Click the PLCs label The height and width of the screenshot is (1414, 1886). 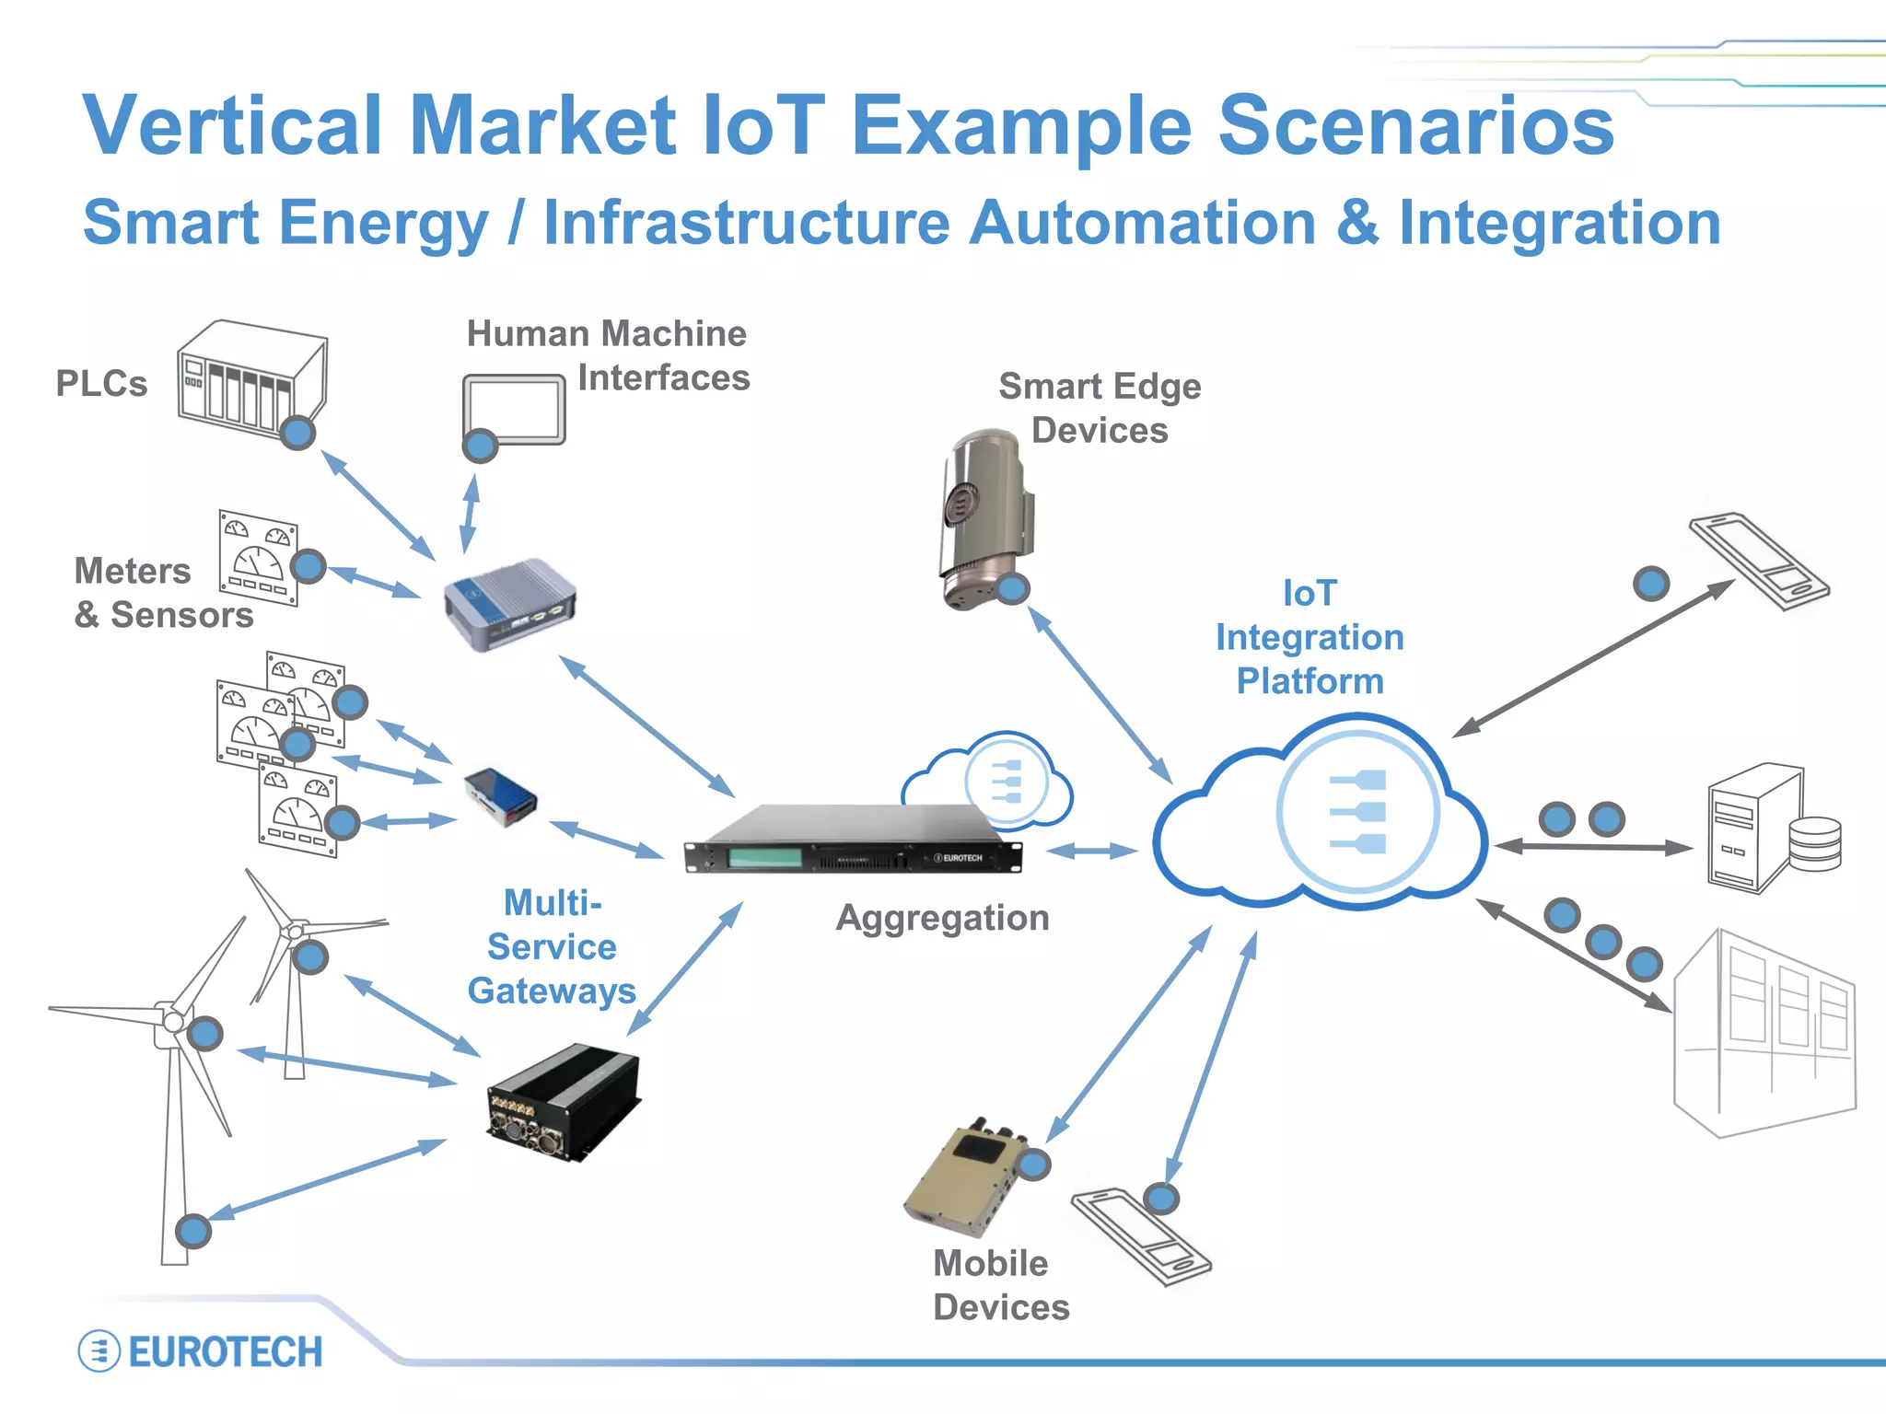point(101,384)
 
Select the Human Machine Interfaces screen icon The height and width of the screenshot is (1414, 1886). point(514,408)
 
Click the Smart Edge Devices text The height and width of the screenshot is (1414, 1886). point(1100,408)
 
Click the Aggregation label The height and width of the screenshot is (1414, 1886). point(942,918)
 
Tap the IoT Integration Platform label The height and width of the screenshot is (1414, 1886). point(1310,637)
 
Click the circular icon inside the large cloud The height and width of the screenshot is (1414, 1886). point(1357,811)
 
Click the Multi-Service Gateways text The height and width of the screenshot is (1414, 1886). point(552,946)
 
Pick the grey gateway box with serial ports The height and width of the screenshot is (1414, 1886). point(509,603)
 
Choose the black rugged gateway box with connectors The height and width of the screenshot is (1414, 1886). point(563,1101)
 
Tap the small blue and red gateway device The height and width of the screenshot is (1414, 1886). point(501,797)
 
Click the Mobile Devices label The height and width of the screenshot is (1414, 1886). point(1000,1285)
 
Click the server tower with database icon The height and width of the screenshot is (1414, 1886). point(1768,829)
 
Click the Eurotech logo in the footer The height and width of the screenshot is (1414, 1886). point(201,1351)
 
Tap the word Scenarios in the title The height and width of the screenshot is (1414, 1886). point(1415,126)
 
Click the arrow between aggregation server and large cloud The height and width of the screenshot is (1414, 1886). point(1092,851)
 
